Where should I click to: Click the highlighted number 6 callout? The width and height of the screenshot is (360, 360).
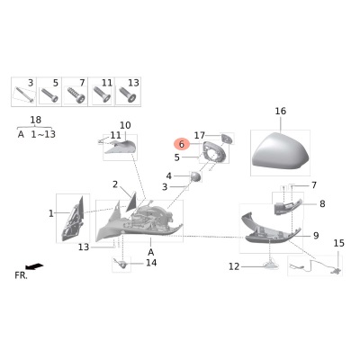[181, 144]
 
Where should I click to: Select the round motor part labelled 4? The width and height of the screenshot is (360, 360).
[195, 176]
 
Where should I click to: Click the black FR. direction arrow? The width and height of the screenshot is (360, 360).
[34, 266]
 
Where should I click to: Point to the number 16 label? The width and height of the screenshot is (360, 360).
[281, 112]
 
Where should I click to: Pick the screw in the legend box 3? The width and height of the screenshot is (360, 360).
[23, 94]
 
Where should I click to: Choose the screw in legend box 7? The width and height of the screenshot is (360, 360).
[76, 94]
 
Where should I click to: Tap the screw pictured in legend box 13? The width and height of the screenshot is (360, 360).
[128, 94]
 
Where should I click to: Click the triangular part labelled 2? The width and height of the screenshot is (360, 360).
[131, 201]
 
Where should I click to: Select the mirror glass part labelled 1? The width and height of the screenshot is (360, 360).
[73, 220]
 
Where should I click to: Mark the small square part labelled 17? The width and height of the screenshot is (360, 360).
[227, 139]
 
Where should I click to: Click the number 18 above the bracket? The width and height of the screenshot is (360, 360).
[35, 120]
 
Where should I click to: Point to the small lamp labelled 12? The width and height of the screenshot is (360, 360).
[270, 265]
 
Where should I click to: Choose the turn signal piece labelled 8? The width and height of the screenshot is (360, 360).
[286, 207]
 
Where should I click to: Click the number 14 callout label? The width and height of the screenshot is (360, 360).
[151, 263]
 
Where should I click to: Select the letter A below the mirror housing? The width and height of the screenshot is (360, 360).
[151, 252]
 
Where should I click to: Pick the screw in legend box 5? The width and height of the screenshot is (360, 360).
[49, 94]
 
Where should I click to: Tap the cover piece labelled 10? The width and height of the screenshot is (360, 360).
[121, 147]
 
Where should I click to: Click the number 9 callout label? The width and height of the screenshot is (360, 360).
[316, 236]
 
